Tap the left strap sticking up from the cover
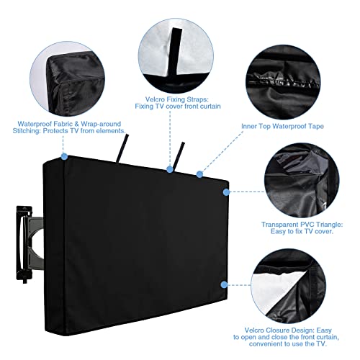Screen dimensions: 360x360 (x=122, y=148)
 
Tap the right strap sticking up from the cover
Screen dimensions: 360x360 (x=179, y=156)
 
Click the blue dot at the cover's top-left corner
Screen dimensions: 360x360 (x=64, y=156)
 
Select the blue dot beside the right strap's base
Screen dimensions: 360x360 (x=170, y=169)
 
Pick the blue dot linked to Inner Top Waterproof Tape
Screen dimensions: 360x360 (x=199, y=174)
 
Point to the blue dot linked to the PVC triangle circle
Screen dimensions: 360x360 (x=226, y=192)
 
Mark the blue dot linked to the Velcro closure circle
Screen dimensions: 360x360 (x=224, y=285)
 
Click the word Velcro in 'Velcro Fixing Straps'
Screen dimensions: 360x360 (x=155, y=99)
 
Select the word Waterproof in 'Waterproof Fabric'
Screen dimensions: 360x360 (x=35, y=124)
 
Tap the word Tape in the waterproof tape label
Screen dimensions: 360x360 (x=316, y=126)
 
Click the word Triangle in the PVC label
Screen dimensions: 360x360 (x=328, y=225)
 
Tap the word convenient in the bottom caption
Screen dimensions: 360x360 (x=266, y=344)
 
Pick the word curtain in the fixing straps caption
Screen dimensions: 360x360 (x=210, y=107)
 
